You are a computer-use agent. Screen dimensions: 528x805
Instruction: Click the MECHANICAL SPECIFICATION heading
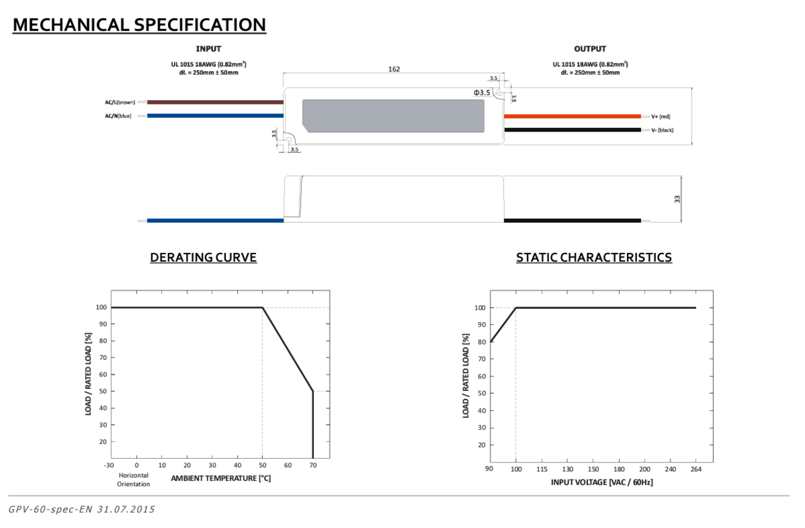click(139, 25)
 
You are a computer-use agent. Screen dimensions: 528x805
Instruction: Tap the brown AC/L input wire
click(214, 102)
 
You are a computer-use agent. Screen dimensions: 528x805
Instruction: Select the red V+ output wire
click(572, 116)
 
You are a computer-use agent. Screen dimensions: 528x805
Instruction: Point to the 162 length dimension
click(394, 69)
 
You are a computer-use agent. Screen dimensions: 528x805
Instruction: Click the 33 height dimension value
click(677, 199)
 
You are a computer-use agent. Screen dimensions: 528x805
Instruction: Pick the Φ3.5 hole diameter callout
click(482, 93)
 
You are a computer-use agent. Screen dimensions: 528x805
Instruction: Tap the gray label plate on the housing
click(394, 116)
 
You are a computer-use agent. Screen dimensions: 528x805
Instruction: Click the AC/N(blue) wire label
click(118, 116)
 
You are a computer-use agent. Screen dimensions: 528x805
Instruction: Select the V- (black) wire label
click(662, 130)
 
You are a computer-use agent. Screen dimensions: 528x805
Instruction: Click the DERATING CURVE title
click(203, 257)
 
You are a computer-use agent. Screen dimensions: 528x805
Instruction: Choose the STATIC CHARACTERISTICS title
click(594, 257)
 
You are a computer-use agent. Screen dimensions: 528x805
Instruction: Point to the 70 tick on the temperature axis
click(313, 465)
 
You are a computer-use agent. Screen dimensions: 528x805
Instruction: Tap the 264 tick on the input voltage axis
click(696, 469)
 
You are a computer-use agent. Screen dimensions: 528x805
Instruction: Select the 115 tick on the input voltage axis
click(541, 469)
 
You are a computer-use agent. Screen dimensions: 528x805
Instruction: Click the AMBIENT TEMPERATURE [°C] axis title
click(221, 478)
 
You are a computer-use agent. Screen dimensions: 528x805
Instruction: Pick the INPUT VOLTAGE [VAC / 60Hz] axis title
click(602, 482)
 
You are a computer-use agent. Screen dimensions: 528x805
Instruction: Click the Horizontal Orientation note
click(134, 480)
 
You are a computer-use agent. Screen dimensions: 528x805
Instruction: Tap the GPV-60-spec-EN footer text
click(82, 509)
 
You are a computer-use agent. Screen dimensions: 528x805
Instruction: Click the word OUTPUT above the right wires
click(590, 49)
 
